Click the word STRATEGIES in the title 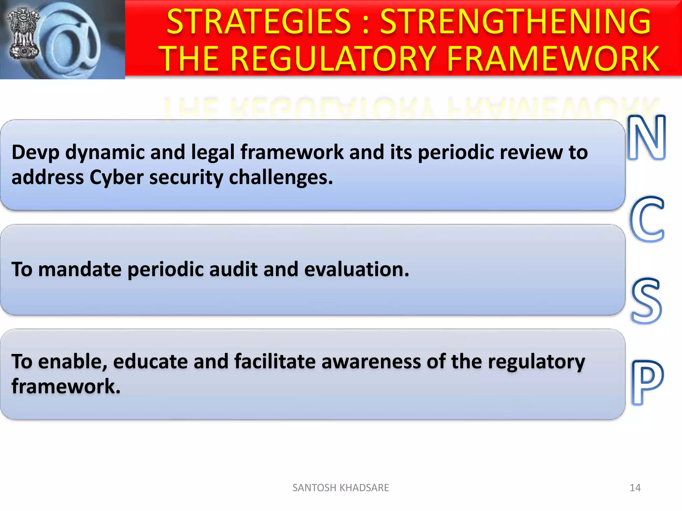point(259,22)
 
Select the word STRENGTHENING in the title point(515,22)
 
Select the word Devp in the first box point(35,153)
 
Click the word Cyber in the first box point(116,177)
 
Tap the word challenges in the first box point(281,177)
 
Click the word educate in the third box point(150,362)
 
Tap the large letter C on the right point(647,220)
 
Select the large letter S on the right point(646,301)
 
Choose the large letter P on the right point(646,383)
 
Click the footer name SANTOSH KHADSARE point(340,488)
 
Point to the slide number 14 point(635,488)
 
